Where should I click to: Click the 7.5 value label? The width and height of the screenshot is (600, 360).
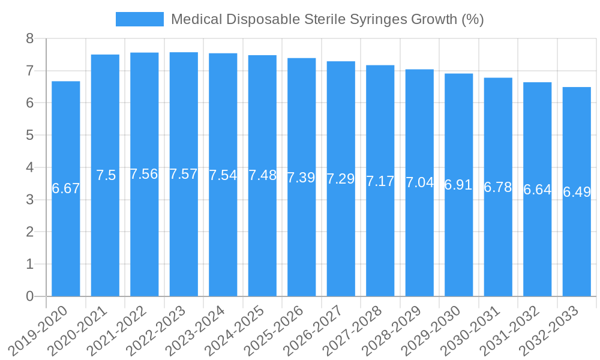point(106,175)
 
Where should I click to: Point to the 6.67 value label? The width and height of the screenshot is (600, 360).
point(66,188)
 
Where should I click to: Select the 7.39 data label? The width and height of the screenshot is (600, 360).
point(301,178)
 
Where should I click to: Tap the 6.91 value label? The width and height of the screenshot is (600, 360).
point(458,185)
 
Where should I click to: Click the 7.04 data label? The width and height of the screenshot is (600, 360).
point(419,182)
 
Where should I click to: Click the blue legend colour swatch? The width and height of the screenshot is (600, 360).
point(139,19)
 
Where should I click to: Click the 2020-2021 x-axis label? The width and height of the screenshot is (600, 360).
point(78,330)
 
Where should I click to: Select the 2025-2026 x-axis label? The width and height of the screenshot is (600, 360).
point(275,330)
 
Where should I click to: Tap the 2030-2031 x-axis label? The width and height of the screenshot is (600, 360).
point(471,330)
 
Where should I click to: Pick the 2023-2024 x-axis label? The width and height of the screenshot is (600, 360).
point(196,330)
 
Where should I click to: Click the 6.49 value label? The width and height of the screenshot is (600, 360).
point(577,192)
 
